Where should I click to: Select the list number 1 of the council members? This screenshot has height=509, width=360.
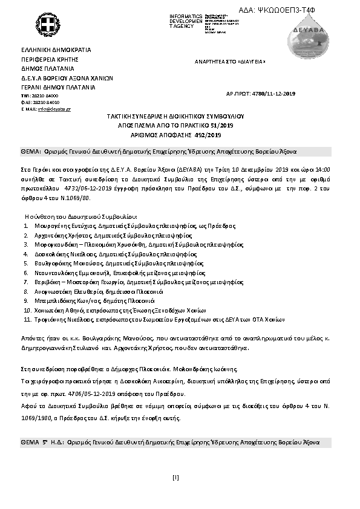point(27,225)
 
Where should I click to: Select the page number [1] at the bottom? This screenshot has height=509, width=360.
point(175,478)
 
